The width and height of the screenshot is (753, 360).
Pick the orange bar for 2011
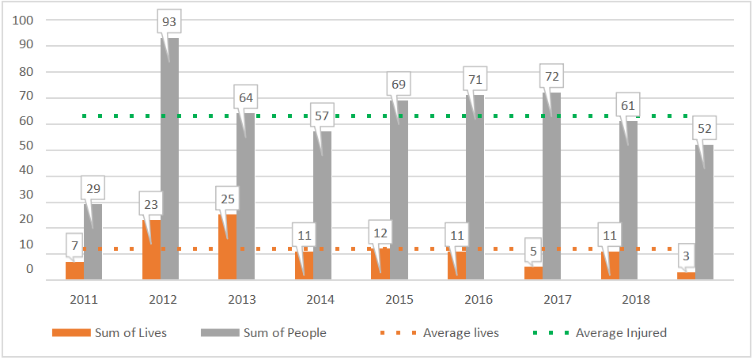pyautogui.click(x=74, y=271)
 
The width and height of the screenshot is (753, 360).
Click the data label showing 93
pyautogui.click(x=168, y=23)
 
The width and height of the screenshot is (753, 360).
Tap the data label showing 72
pyautogui.click(x=551, y=77)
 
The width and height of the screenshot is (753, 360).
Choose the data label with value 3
pyautogui.click(x=686, y=256)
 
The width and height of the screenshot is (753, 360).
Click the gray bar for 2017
pyautogui.click(x=551, y=190)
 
